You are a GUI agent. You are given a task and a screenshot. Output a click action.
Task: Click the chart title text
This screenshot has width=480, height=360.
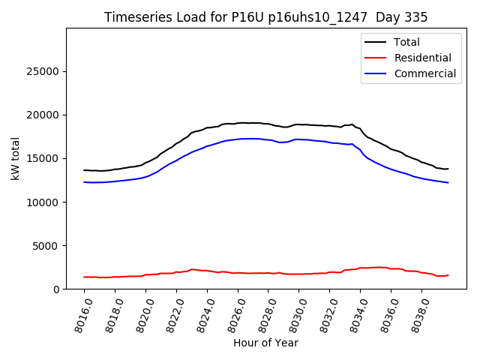pyautogui.click(x=266, y=17)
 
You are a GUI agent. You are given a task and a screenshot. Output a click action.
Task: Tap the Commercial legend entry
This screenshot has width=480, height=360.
pyautogui.click(x=424, y=73)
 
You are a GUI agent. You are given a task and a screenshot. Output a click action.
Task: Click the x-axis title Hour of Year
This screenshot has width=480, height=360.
pyautogui.click(x=265, y=343)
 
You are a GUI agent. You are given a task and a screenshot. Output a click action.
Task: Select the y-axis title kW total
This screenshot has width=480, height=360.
pyautogui.click(x=16, y=158)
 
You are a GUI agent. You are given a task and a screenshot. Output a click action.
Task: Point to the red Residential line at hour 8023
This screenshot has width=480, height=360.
pyautogui.click(x=192, y=269)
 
